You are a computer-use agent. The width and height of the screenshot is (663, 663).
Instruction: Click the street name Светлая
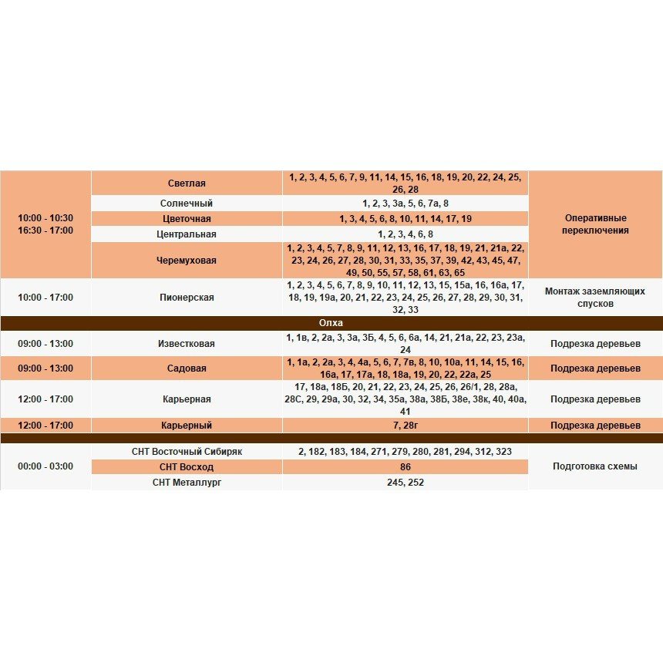click(x=187, y=183)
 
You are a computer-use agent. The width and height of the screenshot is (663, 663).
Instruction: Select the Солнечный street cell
click(x=187, y=204)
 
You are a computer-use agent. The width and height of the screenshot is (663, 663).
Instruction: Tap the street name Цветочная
click(x=187, y=219)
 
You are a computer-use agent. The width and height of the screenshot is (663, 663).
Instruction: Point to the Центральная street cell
click(x=187, y=234)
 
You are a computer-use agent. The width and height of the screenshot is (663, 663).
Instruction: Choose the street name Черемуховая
click(x=187, y=261)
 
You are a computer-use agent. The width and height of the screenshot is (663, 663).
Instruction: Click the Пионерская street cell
click(x=187, y=298)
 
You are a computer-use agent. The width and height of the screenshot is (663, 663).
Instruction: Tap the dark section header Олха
click(x=331, y=323)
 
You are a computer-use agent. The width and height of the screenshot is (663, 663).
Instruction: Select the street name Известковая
click(x=187, y=344)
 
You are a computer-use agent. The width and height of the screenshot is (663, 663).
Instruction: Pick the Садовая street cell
click(x=187, y=369)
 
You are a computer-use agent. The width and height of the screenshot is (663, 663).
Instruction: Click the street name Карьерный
click(x=187, y=426)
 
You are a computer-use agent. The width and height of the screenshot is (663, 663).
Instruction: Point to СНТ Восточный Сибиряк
click(x=187, y=452)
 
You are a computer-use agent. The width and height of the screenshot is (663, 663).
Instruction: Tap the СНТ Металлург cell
click(x=187, y=483)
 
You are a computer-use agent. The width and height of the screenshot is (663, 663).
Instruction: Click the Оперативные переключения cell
click(x=595, y=224)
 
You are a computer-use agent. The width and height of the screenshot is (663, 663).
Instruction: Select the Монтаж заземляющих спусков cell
click(x=595, y=298)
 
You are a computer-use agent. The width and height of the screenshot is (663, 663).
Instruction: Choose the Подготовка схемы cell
click(x=595, y=466)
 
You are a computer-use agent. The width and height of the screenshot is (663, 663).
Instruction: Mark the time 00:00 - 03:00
click(x=45, y=466)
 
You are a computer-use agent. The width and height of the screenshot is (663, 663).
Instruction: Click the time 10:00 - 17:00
click(x=45, y=298)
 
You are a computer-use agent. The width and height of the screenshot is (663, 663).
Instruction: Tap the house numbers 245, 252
click(x=406, y=483)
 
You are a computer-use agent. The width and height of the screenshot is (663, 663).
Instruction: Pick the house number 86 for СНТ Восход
click(x=406, y=467)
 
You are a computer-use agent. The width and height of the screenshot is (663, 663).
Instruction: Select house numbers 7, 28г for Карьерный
click(x=406, y=426)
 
